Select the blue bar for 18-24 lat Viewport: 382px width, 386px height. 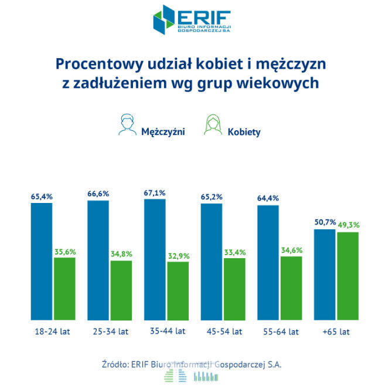click(x=42, y=261)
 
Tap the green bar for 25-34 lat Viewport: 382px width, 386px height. click(x=121, y=290)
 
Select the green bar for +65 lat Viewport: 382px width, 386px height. click(x=348, y=276)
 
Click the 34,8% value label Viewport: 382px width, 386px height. click(x=121, y=254)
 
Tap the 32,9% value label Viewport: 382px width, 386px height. click(x=178, y=255)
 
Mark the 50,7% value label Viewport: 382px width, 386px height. click(x=325, y=223)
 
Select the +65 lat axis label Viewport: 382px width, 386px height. click(x=336, y=331)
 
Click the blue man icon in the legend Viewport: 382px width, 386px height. click(x=125, y=125)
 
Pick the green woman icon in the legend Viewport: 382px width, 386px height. click(x=211, y=125)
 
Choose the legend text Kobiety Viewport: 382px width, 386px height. click(x=244, y=132)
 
